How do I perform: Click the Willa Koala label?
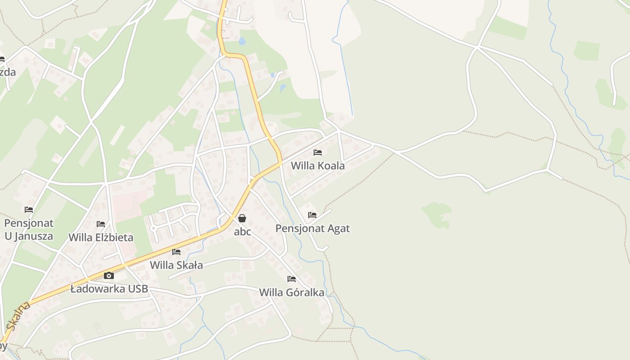(318, 166)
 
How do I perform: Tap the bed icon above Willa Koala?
(318, 153)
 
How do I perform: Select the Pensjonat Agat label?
(312, 228)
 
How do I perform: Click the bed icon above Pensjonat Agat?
(312, 215)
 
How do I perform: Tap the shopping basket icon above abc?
(242, 218)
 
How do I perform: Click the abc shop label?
(243, 232)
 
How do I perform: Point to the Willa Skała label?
(176, 265)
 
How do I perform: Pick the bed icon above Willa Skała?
(176, 252)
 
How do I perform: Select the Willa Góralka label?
(292, 292)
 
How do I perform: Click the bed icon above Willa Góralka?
(292, 279)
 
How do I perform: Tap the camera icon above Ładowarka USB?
(109, 275)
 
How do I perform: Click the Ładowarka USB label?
(109, 289)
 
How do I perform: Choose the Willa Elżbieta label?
(101, 237)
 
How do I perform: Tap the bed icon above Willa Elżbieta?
(101, 224)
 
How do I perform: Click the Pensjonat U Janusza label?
(29, 229)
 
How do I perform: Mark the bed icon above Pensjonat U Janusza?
(29, 210)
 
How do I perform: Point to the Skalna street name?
(19, 316)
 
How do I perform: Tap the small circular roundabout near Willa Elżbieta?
(153, 228)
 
